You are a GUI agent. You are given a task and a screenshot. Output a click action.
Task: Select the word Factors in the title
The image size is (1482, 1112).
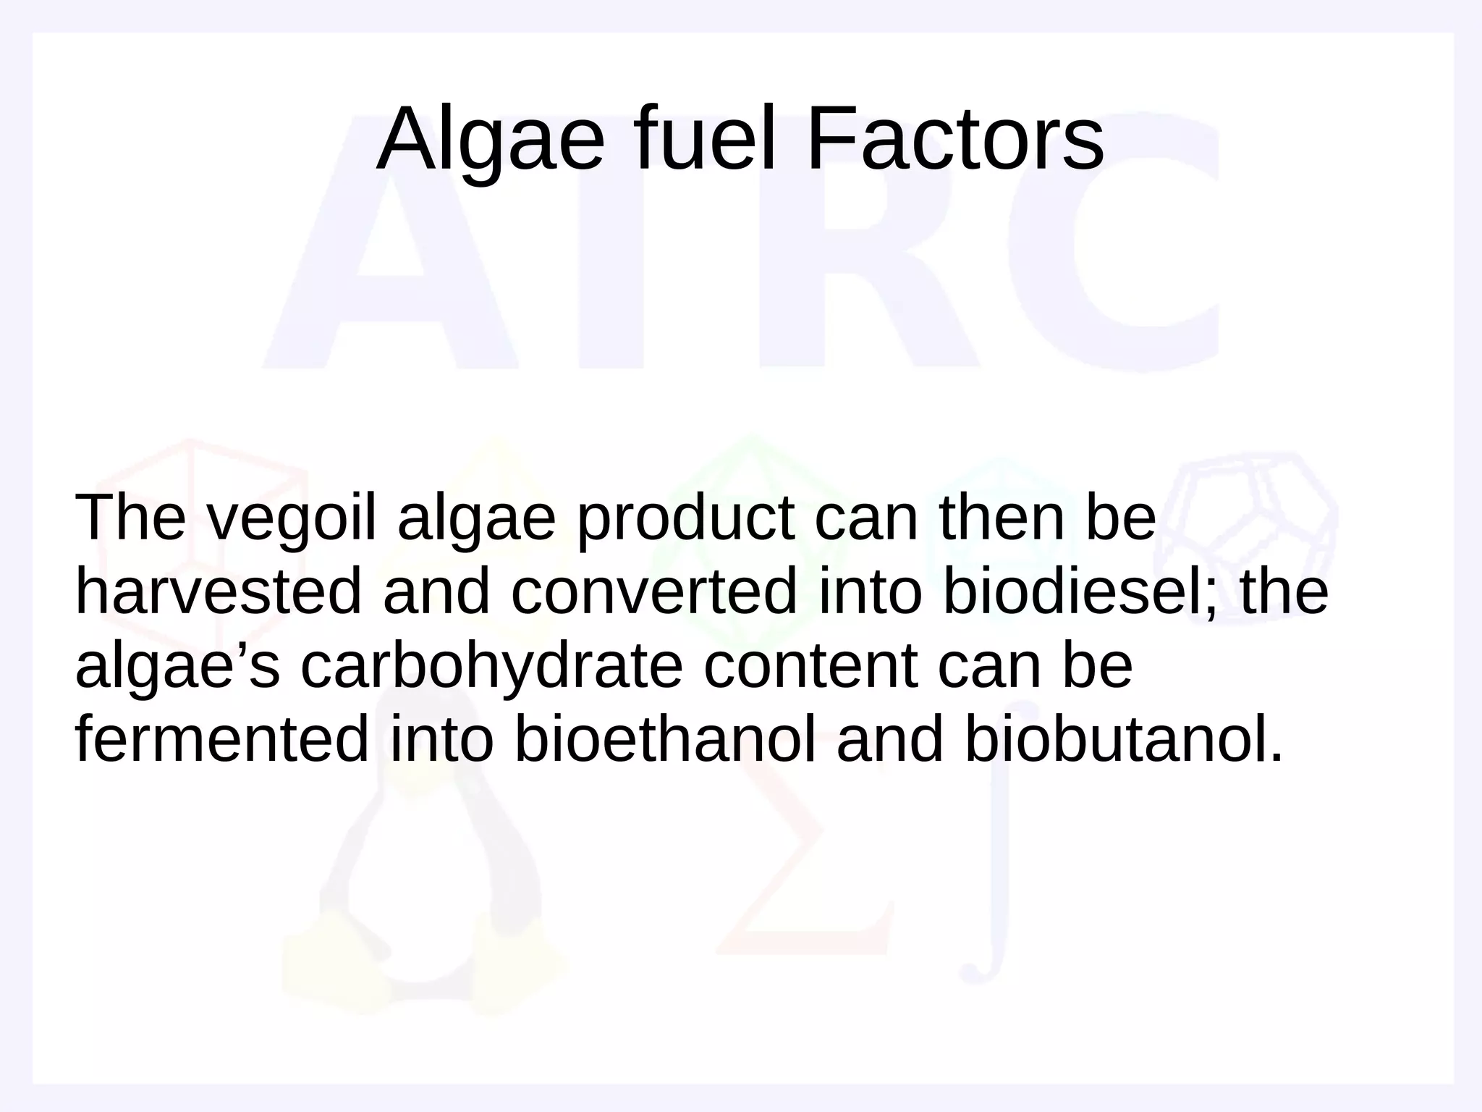coord(954,140)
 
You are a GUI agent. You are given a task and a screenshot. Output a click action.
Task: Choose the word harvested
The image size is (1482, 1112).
coord(218,591)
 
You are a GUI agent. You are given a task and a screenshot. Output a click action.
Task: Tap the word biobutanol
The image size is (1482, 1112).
coord(1114,739)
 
